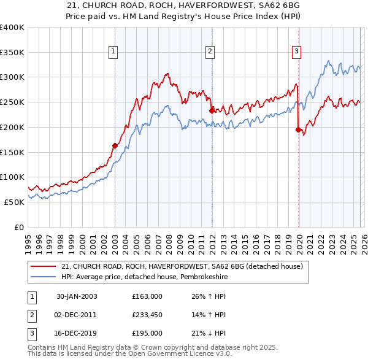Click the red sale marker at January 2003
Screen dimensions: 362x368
(x=115, y=145)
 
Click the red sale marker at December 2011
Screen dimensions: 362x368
(x=212, y=110)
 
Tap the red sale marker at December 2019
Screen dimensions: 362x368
(x=298, y=129)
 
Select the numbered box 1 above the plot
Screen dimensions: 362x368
(x=114, y=52)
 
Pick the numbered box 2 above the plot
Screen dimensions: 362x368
(x=210, y=52)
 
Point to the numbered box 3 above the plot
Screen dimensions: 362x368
(x=296, y=52)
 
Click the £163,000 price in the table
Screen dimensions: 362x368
(x=147, y=296)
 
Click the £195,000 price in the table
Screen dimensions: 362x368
(x=147, y=333)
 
